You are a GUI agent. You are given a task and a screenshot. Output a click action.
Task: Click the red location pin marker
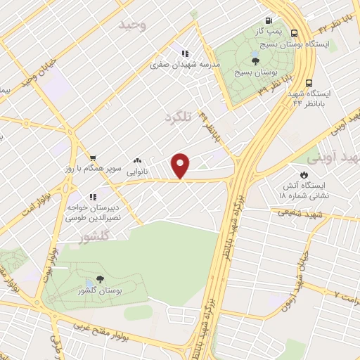[x=181, y=165]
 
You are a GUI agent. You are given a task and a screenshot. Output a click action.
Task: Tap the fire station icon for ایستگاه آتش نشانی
[x=304, y=175]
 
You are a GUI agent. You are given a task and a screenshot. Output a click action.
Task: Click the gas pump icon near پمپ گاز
[x=268, y=20]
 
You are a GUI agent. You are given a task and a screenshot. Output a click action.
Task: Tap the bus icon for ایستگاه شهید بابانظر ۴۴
[x=310, y=80]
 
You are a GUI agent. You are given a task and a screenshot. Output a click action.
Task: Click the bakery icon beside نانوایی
[x=136, y=160]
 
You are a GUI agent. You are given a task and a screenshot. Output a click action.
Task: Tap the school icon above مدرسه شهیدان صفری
[x=185, y=53]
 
